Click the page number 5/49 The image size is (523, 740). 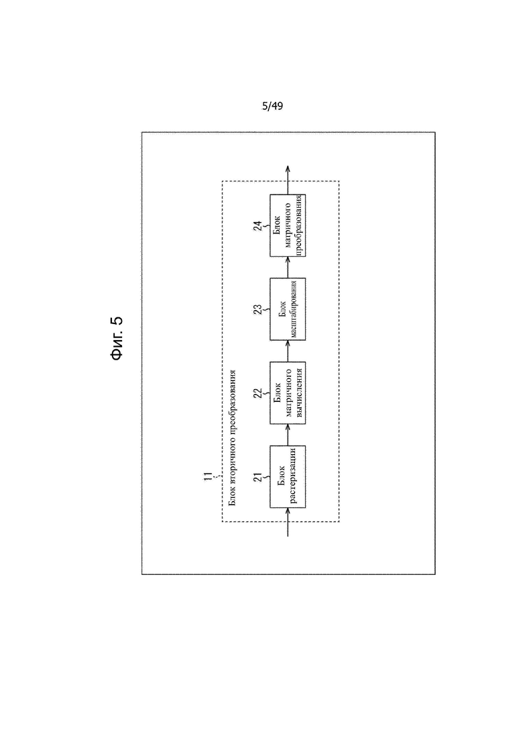(x=273, y=106)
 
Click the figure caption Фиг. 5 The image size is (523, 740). (x=117, y=338)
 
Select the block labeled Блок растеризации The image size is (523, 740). (x=288, y=476)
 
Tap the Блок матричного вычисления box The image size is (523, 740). (x=288, y=392)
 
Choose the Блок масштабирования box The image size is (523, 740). (x=288, y=309)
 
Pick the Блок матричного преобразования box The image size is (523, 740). (x=288, y=225)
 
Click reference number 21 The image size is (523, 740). (x=258, y=477)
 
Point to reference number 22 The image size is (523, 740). (x=258, y=393)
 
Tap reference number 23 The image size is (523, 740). (x=258, y=309)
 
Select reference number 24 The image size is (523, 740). (x=258, y=226)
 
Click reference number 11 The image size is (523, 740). (x=208, y=476)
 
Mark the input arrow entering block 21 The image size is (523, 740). (x=288, y=523)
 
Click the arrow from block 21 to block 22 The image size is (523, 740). (x=288, y=435)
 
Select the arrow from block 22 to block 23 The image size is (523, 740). (x=288, y=351)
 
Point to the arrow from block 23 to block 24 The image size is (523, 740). (x=288, y=267)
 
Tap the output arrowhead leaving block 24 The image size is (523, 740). (x=288, y=170)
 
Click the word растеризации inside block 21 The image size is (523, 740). (x=293, y=476)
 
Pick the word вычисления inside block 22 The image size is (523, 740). (x=298, y=392)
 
